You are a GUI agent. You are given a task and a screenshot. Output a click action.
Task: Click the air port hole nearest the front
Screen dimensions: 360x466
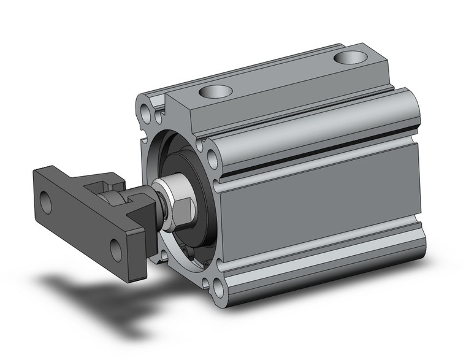216,92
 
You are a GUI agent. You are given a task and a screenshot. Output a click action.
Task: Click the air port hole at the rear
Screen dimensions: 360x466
350,58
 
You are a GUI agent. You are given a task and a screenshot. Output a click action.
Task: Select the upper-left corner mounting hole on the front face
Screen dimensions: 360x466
146,113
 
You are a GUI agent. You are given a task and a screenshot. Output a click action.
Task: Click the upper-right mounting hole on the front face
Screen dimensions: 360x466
213,159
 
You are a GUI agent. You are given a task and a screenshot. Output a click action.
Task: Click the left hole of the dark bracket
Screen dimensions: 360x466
45,202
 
